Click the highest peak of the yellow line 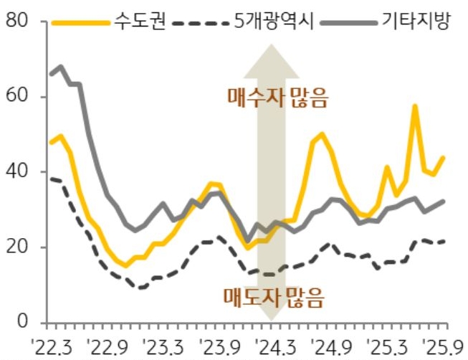415,106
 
